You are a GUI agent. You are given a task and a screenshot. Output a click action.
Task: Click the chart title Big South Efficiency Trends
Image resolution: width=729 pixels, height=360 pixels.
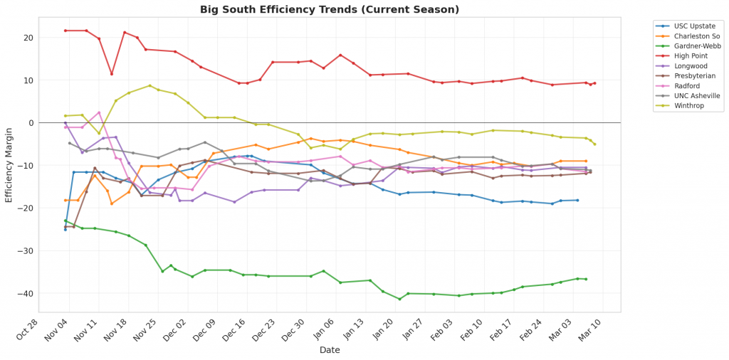(330, 9)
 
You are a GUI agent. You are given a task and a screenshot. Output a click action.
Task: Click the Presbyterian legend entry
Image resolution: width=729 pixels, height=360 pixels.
(690, 75)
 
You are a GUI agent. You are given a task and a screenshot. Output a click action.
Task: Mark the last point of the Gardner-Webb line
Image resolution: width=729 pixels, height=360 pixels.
(585, 279)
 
